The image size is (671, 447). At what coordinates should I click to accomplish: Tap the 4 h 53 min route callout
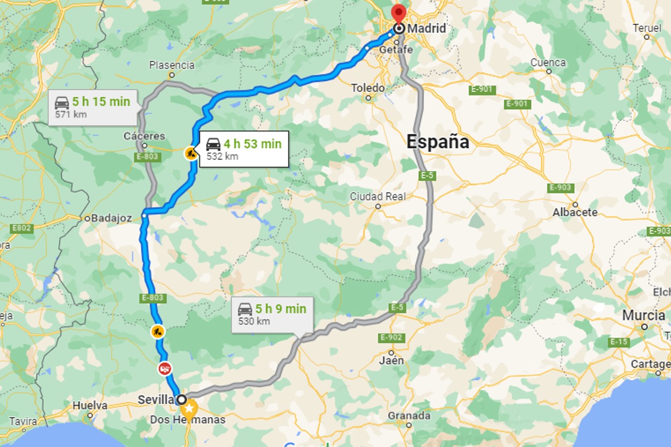(x=244, y=149)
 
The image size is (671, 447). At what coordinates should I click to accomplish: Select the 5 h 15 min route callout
(x=93, y=107)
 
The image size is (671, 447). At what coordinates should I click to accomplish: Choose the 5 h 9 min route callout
(x=273, y=314)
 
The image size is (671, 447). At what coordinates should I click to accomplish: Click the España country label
(x=438, y=142)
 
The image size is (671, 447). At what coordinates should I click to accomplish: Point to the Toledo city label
(x=367, y=88)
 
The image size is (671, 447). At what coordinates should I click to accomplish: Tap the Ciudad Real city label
(x=377, y=197)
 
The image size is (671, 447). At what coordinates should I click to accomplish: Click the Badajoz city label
(x=111, y=218)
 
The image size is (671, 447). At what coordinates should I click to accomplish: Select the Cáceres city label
(x=144, y=136)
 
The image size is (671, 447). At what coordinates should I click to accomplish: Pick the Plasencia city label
(x=171, y=66)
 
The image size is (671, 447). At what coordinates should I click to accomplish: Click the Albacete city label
(x=575, y=212)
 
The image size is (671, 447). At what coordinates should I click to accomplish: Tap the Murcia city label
(x=644, y=316)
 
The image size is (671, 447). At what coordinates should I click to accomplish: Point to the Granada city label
(x=409, y=416)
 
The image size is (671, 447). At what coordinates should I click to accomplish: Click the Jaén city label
(x=392, y=360)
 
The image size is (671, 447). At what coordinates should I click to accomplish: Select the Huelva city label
(x=90, y=406)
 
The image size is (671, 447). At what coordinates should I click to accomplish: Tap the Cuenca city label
(x=548, y=62)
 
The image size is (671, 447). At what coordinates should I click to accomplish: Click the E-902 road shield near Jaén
(x=391, y=337)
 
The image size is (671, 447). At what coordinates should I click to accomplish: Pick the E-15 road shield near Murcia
(x=620, y=342)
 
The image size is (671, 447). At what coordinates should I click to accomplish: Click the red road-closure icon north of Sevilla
(x=165, y=368)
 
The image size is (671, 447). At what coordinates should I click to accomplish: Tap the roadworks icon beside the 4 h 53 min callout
(x=190, y=153)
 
